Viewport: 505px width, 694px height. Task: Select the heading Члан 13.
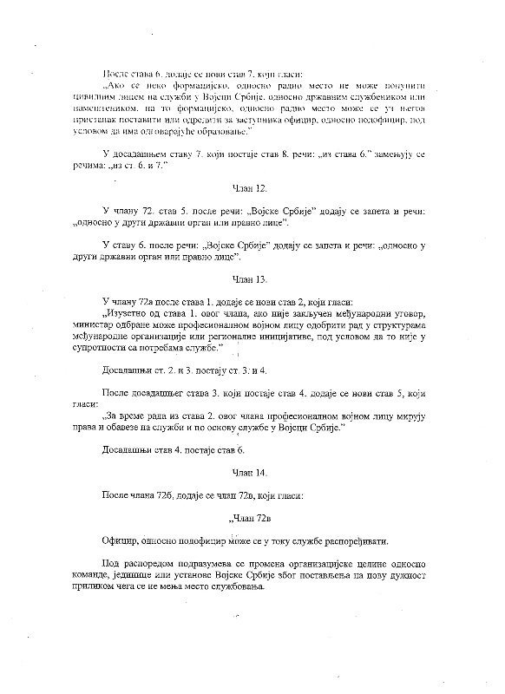[252, 279]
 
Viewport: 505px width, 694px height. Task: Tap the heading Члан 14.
[252, 474]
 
